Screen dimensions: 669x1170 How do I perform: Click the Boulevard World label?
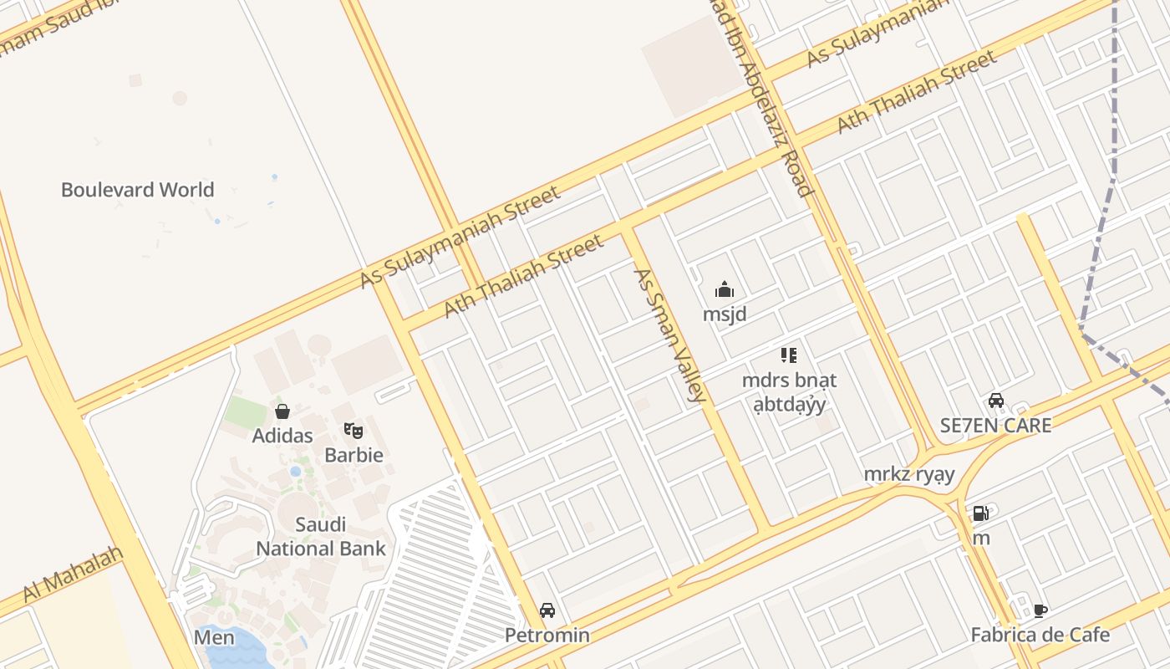(x=138, y=190)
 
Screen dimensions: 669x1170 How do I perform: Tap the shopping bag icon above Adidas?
(x=282, y=411)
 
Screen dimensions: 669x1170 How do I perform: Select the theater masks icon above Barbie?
(x=354, y=432)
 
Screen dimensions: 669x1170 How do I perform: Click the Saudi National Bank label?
(x=321, y=537)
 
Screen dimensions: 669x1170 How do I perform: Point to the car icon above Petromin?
(x=547, y=610)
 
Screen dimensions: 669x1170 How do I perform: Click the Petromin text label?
(x=547, y=636)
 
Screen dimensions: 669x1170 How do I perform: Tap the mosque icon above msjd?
(x=725, y=290)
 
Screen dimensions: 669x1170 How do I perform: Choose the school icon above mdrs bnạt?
(x=788, y=355)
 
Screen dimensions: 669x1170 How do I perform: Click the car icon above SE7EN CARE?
(x=996, y=401)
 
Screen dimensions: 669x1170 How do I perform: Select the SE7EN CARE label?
(x=996, y=425)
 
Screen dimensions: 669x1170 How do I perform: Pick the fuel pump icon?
(x=981, y=513)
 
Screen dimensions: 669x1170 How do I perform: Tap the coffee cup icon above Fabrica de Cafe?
(x=1040, y=610)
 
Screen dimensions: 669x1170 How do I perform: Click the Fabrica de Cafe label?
(x=1040, y=635)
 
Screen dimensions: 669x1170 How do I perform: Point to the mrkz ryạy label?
(x=909, y=475)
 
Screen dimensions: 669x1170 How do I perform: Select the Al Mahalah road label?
(x=74, y=574)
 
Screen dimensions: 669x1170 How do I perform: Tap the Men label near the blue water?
(x=215, y=637)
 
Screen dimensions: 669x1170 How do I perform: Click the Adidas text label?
(x=282, y=436)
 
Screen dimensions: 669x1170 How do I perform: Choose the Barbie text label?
(x=354, y=456)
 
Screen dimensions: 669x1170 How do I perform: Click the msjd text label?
(x=725, y=314)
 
